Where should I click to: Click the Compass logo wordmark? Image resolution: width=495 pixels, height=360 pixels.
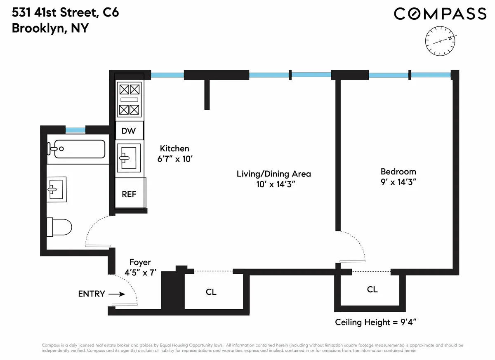440,14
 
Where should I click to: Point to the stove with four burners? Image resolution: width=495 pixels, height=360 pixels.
130,99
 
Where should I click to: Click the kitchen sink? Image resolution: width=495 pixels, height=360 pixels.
128,157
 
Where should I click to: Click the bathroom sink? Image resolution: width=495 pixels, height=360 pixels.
56,189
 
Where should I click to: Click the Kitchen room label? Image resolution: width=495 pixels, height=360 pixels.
174,148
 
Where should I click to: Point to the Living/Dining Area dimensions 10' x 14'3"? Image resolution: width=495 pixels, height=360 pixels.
273,185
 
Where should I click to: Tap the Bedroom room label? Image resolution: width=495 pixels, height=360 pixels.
398,172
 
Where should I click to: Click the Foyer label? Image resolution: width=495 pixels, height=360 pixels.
140,262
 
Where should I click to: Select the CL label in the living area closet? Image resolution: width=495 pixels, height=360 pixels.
211,292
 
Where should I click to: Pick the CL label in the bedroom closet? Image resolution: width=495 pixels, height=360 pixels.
372,289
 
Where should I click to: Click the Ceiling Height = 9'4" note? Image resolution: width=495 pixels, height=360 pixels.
377,322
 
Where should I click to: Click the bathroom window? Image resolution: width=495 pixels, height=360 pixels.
75,130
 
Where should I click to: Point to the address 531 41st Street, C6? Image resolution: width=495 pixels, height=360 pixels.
65,12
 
